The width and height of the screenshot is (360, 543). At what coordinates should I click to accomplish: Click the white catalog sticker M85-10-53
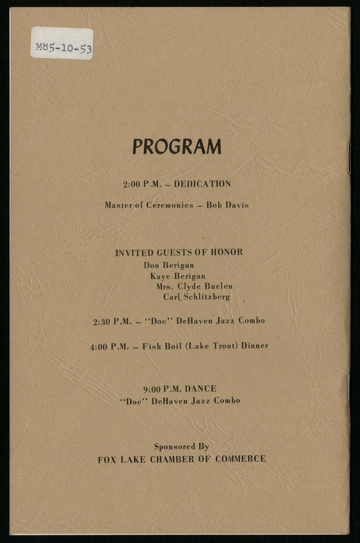point(62,44)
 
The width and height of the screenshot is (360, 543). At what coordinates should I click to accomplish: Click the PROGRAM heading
point(177,147)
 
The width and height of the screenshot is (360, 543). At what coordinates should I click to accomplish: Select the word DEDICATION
point(202,184)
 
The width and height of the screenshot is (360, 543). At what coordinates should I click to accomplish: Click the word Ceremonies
point(170,205)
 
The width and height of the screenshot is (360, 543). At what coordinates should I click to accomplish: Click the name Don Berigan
point(169,265)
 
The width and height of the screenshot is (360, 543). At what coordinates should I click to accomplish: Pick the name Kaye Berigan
point(178,276)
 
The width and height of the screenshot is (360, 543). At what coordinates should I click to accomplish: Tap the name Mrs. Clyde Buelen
point(194,286)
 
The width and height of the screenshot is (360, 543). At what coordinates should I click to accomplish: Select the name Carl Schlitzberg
point(196,297)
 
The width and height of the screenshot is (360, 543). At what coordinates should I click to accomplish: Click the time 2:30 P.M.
point(112,322)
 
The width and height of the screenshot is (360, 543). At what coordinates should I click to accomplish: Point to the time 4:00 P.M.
point(109,347)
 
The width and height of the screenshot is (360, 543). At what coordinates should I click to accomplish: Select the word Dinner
point(255,346)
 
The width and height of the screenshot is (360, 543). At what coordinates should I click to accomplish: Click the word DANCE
point(201,389)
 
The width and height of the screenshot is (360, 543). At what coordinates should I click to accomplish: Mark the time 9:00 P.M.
point(162,389)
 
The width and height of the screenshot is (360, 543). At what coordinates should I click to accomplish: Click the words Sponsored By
point(181,447)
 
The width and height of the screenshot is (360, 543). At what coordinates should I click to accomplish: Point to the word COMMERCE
point(240,459)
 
